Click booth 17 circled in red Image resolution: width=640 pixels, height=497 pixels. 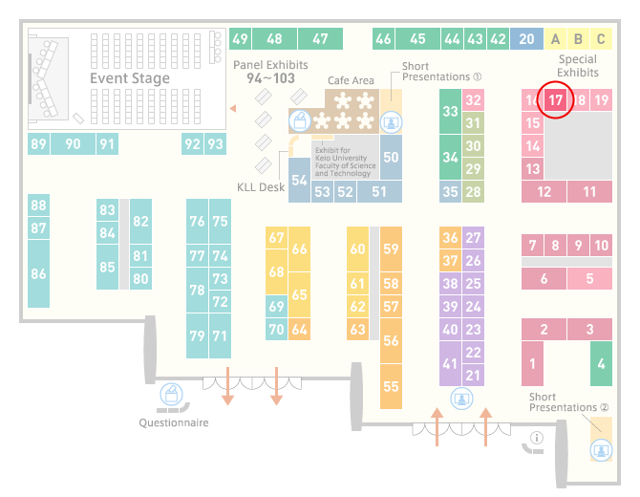coord(555,100)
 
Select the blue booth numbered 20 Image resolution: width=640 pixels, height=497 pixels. coord(526,39)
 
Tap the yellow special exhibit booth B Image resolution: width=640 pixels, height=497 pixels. coord(578,39)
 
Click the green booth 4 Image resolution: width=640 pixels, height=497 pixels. coord(601,363)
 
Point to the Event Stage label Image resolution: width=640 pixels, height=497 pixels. coord(130,78)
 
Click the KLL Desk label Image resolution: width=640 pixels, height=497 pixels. coord(261,187)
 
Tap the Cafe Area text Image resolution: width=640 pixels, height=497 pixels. coord(351,80)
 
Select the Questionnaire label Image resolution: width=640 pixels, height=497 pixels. coord(174,422)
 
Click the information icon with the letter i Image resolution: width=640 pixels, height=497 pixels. coord(536,438)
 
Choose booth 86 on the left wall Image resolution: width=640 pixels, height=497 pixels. coord(39,273)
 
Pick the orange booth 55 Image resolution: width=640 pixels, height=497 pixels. coord(391,386)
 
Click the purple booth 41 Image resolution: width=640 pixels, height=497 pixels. coord(450,363)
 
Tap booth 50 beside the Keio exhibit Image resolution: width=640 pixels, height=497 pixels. coord(391,158)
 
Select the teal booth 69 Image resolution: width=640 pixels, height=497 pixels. coord(276,306)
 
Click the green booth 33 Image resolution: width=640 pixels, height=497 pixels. coord(450,111)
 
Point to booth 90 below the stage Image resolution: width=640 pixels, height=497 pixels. coord(73,143)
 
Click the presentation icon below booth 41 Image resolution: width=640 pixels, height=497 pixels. coord(461,399)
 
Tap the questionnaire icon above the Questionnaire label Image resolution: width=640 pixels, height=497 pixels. coord(171,394)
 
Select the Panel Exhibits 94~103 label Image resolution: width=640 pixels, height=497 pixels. coord(270,72)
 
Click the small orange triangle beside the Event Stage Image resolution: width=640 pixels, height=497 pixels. coord(233,108)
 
